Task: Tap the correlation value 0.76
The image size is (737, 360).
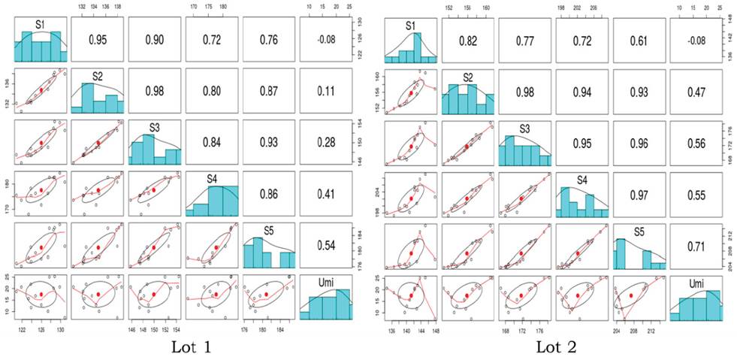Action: [x=268, y=40]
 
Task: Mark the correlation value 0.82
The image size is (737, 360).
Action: [x=468, y=40]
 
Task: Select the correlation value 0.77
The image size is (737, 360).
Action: [x=525, y=40]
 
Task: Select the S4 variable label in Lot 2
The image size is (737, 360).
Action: [x=583, y=180]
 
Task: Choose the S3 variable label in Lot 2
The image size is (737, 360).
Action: [x=525, y=129]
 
